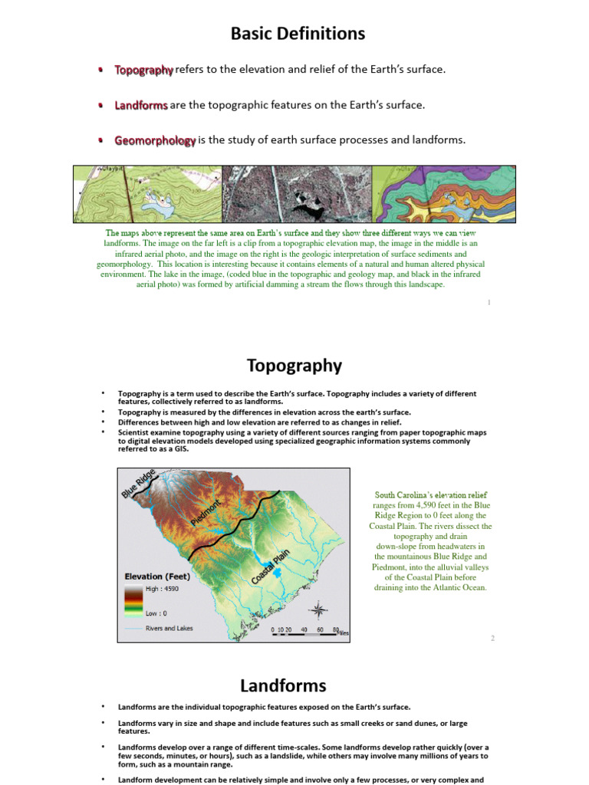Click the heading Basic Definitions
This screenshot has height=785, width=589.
point(298,34)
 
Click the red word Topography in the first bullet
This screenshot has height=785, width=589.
point(144,70)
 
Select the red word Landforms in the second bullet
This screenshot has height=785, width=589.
point(141,105)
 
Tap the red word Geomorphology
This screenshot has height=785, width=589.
point(155,140)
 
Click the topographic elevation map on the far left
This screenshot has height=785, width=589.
point(146,195)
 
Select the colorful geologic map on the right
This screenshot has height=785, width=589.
point(444,195)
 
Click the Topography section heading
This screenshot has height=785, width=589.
point(294,365)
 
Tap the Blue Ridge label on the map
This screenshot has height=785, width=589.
point(139,483)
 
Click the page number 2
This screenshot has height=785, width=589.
point(493,638)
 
